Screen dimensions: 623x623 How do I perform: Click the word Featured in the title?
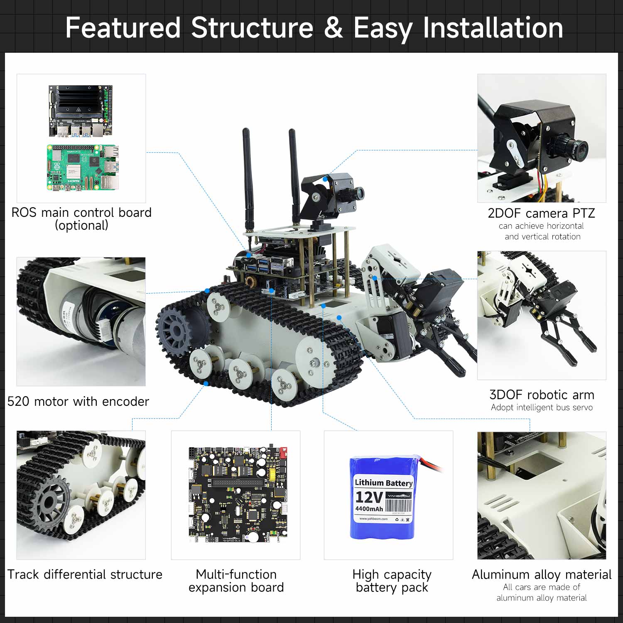123,28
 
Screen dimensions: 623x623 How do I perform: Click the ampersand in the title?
333,28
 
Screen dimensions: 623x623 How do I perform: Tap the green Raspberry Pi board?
83,168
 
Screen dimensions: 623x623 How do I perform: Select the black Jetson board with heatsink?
81,110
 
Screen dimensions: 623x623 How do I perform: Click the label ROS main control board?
81,213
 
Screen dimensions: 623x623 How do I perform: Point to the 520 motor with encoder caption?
78,401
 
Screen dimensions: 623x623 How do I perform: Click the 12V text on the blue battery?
369,497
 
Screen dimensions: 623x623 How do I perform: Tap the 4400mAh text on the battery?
369,509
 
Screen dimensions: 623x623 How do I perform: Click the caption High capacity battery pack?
392,581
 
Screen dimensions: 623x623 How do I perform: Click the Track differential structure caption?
85,574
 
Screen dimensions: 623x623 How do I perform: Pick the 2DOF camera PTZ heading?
541,213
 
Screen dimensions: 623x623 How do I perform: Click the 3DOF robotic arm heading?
542,395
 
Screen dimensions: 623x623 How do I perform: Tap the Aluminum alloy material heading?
542,574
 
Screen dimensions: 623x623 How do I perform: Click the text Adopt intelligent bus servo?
542,407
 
